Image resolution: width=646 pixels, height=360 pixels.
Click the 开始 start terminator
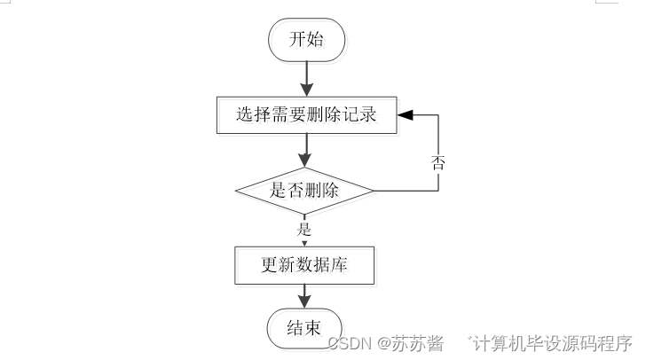(x=307, y=40)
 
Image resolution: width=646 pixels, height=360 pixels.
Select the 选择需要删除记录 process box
(x=306, y=114)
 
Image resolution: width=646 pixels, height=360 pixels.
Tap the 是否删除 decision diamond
(x=304, y=190)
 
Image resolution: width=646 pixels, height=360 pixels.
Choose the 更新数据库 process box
(x=304, y=264)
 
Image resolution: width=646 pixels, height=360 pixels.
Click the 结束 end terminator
(x=303, y=329)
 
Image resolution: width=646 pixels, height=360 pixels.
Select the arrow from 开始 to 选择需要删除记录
(x=307, y=79)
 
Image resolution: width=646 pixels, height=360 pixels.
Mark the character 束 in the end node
(x=315, y=329)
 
